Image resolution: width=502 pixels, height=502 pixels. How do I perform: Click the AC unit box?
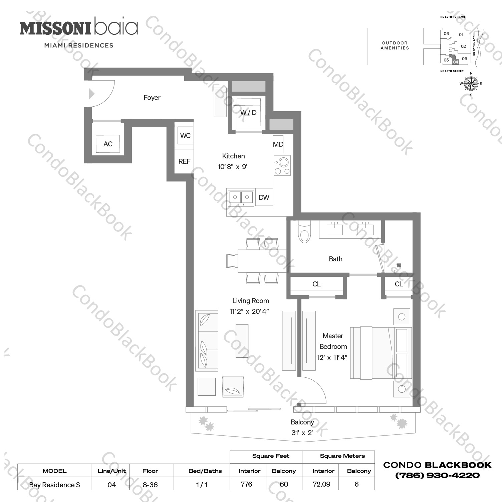click(x=108, y=144)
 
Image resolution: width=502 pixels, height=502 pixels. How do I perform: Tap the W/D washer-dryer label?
click(x=248, y=113)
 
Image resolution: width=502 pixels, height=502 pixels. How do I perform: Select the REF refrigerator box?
click(x=184, y=161)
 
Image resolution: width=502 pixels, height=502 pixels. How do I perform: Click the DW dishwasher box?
click(x=264, y=197)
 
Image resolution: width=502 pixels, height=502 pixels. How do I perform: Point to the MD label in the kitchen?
click(x=278, y=144)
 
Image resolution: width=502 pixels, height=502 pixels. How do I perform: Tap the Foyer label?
click(x=152, y=98)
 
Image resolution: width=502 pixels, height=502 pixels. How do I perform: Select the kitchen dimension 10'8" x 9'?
click(x=233, y=167)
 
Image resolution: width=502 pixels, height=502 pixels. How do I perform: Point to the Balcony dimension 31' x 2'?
click(x=302, y=433)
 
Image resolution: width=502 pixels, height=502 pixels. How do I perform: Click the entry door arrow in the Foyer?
click(x=92, y=94)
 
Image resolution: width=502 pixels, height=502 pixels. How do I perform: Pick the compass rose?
click(x=471, y=84)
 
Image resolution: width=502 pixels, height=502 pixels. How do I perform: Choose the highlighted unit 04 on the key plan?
click(x=456, y=61)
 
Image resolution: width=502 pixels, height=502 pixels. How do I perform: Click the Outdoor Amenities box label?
click(x=395, y=45)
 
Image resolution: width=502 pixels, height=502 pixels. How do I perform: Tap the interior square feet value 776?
click(x=247, y=484)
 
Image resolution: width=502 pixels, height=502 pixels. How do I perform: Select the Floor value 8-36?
click(x=150, y=485)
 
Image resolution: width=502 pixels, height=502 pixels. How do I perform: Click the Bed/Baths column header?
click(x=205, y=471)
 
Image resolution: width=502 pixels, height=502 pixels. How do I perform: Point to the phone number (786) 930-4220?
click(x=437, y=475)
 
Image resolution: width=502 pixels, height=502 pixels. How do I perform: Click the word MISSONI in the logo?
click(x=55, y=28)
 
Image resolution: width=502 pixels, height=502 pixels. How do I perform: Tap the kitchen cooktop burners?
click(x=282, y=165)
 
